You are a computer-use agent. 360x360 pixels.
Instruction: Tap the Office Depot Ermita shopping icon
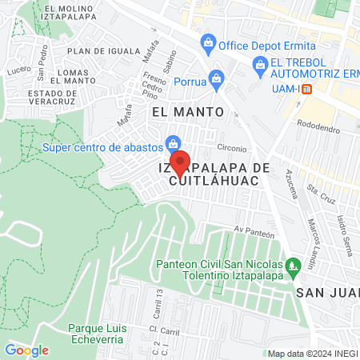pos(208,41)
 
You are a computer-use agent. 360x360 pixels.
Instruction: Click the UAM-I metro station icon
pos(318,89)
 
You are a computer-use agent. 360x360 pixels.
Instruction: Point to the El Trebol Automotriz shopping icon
pos(259,64)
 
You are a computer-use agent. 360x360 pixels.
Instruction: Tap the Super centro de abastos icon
pos(172,145)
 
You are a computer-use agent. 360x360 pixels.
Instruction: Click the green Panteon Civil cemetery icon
pos(294,264)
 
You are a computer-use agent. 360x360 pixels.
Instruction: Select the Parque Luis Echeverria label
pos(100,334)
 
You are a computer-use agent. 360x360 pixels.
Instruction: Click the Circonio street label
pos(233,148)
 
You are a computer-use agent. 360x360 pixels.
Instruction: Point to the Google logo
pos(27,350)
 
